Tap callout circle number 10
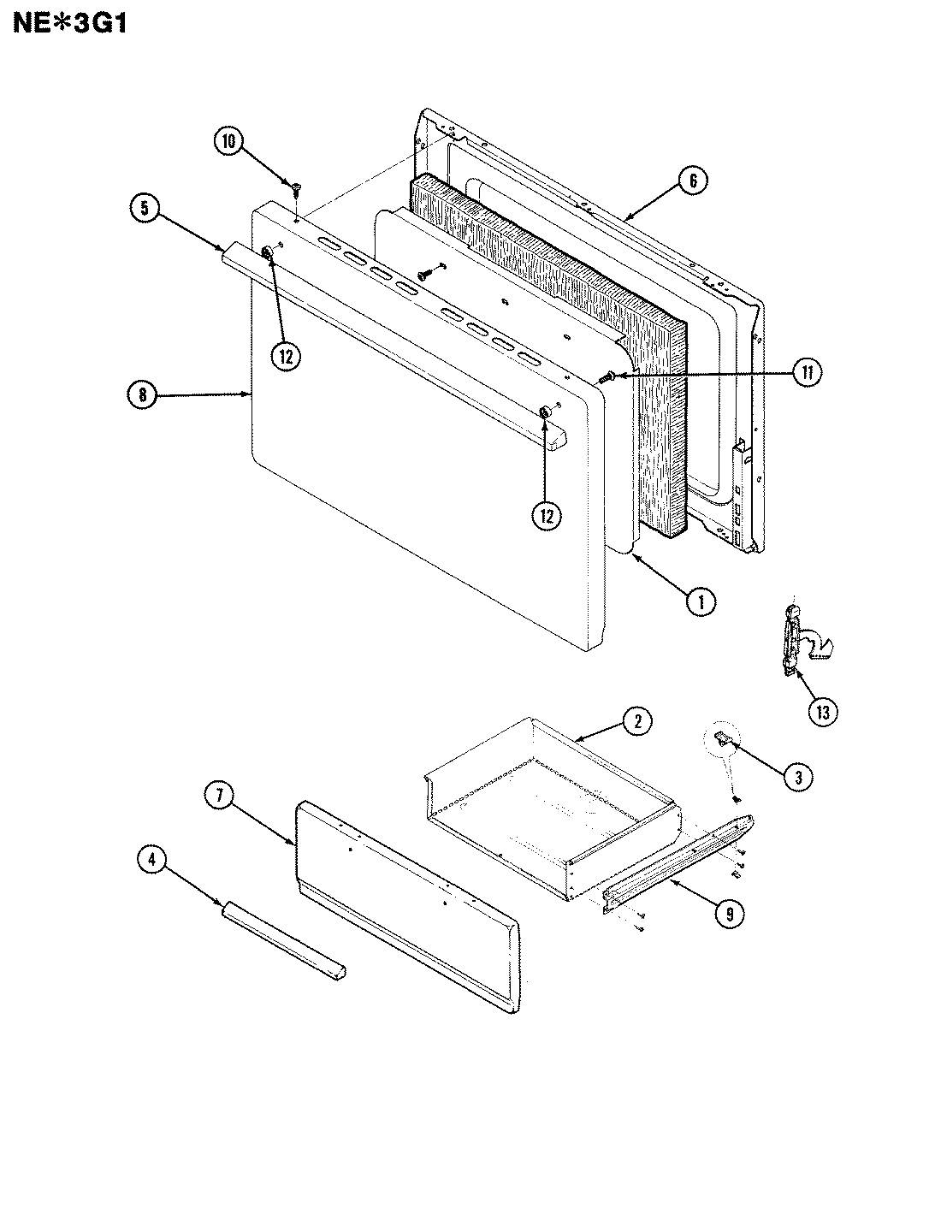229,142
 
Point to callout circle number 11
808,372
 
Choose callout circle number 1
701,601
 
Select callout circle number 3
797,777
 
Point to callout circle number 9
728,914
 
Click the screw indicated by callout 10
295,186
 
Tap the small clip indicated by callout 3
723,738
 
